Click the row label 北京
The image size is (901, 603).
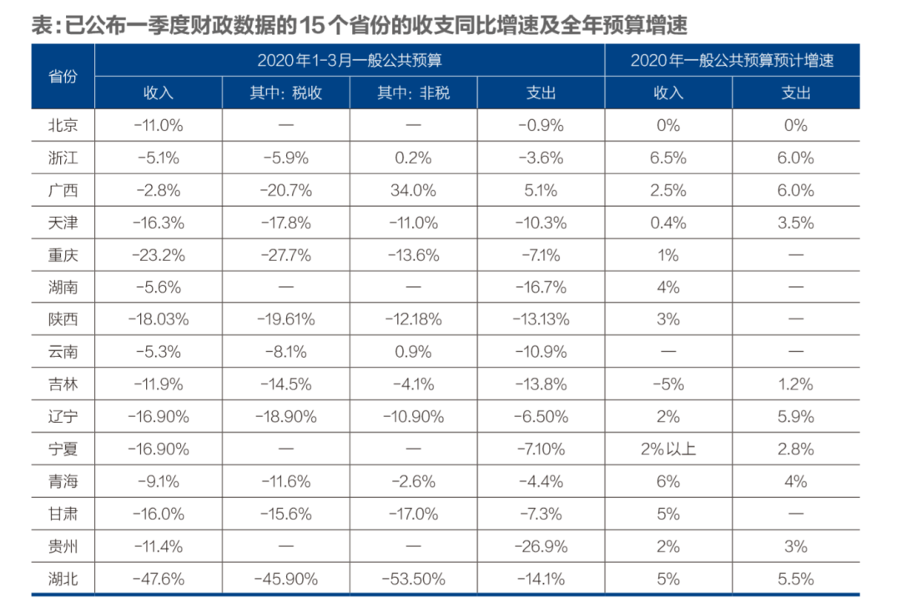[63, 125]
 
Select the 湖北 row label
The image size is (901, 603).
[63, 578]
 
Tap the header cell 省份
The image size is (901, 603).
[63, 77]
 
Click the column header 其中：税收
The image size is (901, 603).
[286, 93]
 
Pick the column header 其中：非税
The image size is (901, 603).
[413, 93]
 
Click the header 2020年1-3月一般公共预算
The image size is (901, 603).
[349, 60]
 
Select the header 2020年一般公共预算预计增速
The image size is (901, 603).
[732, 60]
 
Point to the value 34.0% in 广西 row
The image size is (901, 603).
[413, 190]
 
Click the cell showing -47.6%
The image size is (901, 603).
[159, 578]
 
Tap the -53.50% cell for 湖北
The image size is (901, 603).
[413, 578]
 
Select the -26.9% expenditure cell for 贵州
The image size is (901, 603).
[541, 546]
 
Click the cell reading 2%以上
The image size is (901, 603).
[668, 449]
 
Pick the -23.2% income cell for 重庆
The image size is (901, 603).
[159, 255]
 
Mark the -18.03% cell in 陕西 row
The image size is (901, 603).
[159, 319]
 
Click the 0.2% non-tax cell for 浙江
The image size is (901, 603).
[413, 158]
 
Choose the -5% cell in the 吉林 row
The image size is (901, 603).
[668, 384]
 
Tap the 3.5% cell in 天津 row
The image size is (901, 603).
[795, 223]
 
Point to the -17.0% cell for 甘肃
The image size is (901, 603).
[413, 514]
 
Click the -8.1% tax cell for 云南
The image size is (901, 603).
[286, 352]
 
